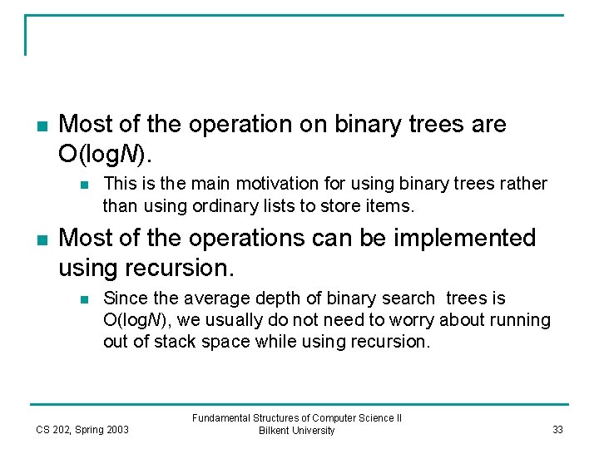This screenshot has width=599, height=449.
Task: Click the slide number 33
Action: click(x=557, y=430)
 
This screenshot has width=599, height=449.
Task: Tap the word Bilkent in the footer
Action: click(x=275, y=431)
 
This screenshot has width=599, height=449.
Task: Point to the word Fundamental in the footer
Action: click(x=220, y=418)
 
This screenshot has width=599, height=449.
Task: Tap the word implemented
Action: click(x=450, y=239)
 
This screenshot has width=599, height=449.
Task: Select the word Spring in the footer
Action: click(x=91, y=430)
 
